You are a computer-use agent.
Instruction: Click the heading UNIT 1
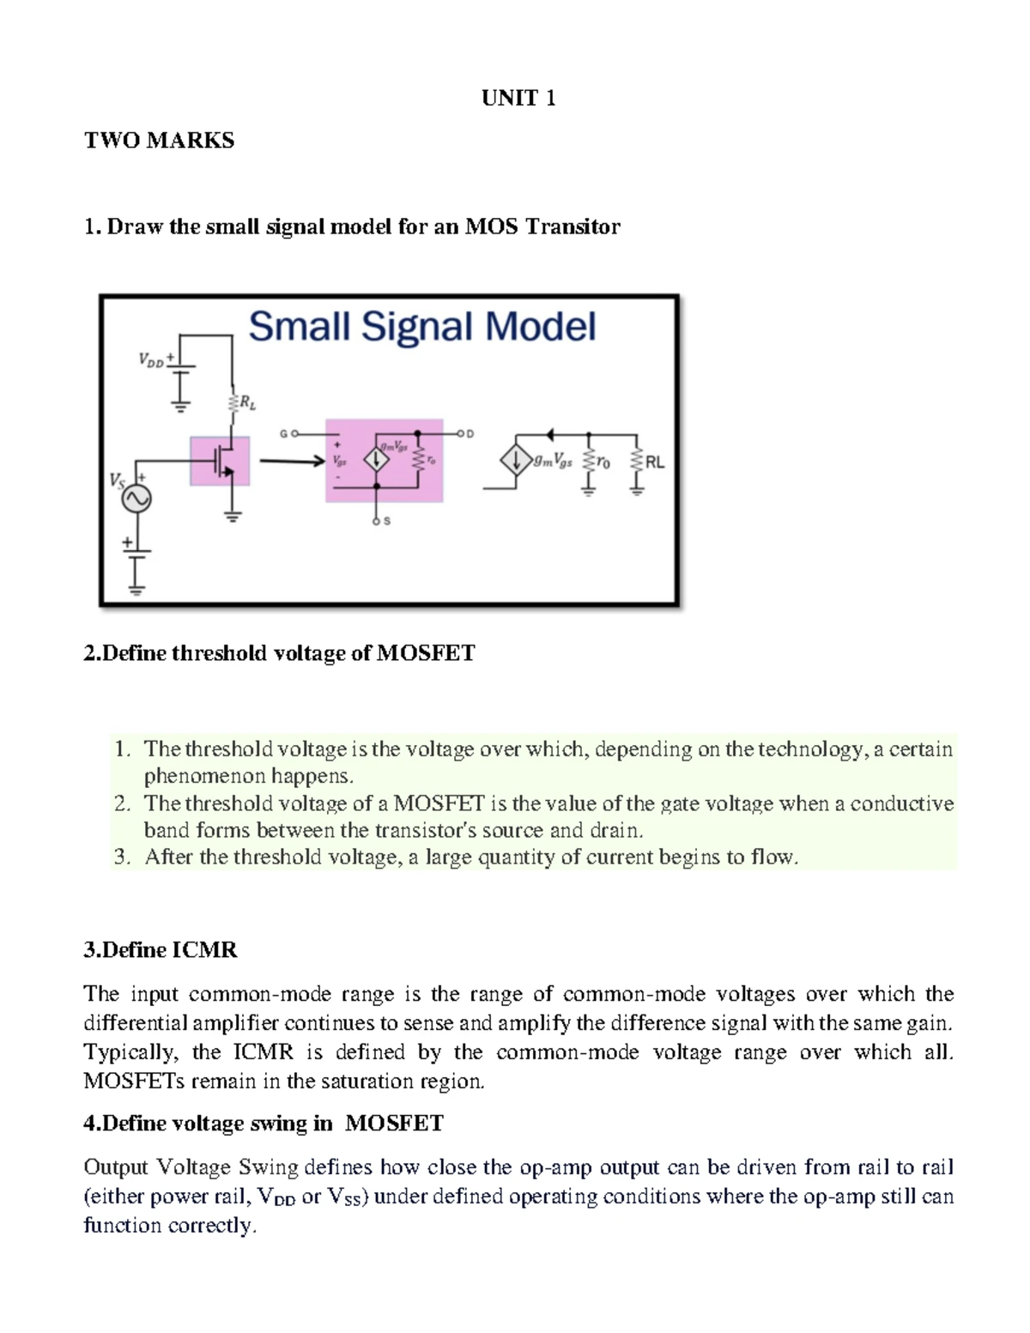point(518,99)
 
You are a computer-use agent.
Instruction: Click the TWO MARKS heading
point(159,141)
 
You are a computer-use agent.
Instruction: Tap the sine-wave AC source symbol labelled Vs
point(136,499)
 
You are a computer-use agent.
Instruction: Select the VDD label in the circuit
point(151,361)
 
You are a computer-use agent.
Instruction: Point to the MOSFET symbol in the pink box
point(221,461)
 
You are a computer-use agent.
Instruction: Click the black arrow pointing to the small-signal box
point(288,462)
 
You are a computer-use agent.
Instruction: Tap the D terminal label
point(470,433)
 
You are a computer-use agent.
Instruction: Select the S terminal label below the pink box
point(386,521)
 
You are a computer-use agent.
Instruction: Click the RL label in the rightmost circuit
point(655,462)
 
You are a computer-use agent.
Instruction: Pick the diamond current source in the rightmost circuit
point(515,463)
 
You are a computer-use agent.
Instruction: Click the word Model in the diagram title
point(540,327)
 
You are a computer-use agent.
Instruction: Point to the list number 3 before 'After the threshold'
point(121,857)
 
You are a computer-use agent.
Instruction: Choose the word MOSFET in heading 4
point(394,1124)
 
